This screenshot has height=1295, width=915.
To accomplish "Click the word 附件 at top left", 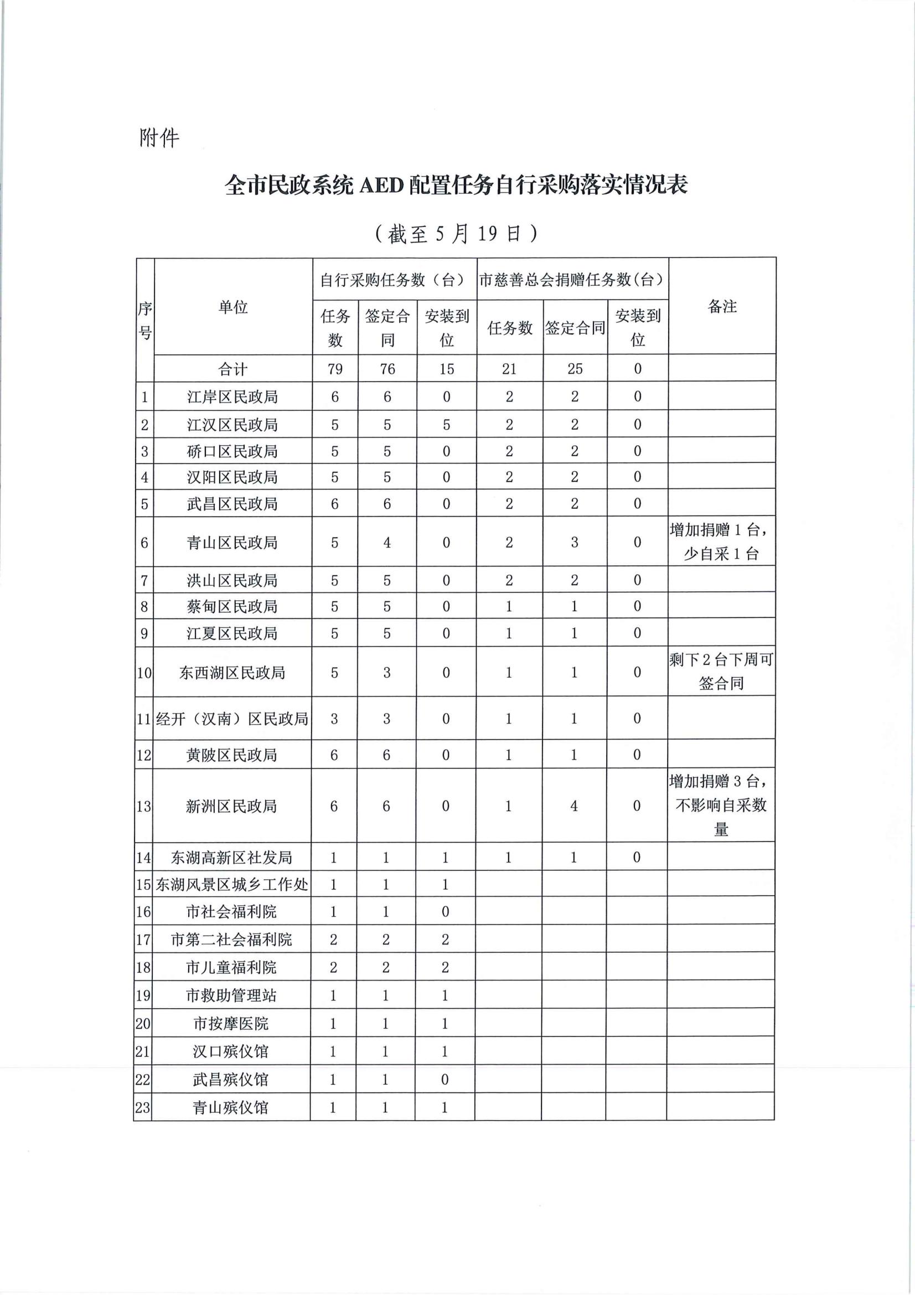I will (x=159, y=138).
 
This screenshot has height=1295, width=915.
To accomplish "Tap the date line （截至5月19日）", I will (x=456, y=234).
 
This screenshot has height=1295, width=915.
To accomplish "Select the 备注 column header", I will (x=722, y=306).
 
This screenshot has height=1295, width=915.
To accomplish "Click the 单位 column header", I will (x=233, y=307).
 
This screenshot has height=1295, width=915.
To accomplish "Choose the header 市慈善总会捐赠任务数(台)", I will (x=572, y=280).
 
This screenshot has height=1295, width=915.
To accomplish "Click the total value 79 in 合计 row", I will (x=335, y=369).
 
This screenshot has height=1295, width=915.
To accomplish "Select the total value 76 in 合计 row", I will (x=387, y=369).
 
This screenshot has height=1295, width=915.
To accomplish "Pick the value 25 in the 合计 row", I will (x=575, y=369).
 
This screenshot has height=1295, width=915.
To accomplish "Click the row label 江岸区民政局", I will (x=233, y=397).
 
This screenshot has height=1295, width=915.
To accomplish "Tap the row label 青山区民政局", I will (x=232, y=543).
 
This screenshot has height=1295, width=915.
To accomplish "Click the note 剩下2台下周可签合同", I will (x=721, y=671).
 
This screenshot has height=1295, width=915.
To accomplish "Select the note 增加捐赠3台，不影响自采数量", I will (x=721, y=805).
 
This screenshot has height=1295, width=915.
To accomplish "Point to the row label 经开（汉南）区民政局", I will (x=232, y=719).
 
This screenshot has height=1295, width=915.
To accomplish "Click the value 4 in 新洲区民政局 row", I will (x=574, y=806).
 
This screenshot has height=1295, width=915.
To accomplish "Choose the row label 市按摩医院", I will (x=231, y=1023).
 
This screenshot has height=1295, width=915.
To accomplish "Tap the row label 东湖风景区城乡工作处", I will (x=232, y=884).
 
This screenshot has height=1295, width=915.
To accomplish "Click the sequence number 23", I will (x=143, y=1107).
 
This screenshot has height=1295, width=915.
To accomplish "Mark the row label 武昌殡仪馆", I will (x=231, y=1080).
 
